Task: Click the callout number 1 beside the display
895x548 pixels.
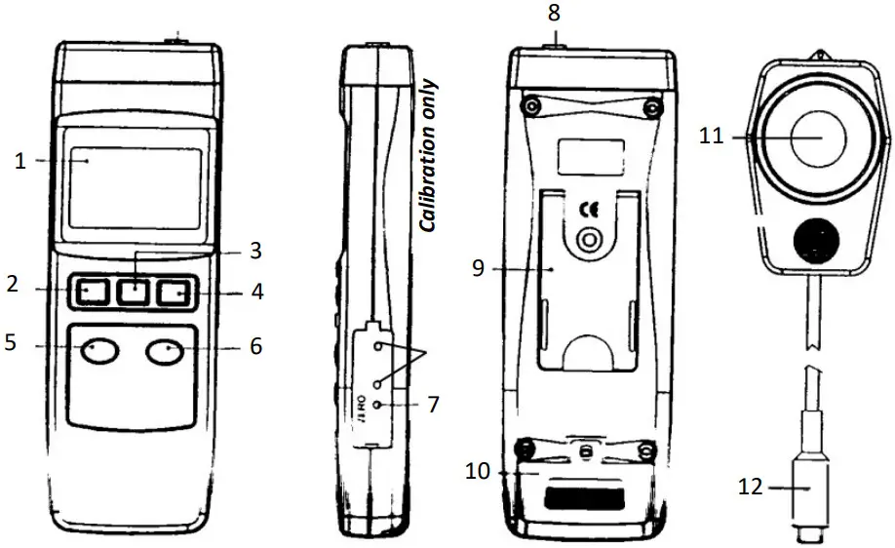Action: pyautogui.click(x=19, y=162)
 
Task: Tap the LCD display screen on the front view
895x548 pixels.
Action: pyautogui.click(x=135, y=187)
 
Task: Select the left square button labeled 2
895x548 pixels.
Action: pyautogui.click(x=93, y=291)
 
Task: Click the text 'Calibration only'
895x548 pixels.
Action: pyautogui.click(x=429, y=156)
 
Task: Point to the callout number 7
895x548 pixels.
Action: pyautogui.click(x=435, y=403)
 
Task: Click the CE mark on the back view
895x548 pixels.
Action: pyautogui.click(x=589, y=209)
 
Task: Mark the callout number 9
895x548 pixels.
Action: pyautogui.click(x=479, y=267)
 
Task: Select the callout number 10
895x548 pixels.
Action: pyautogui.click(x=477, y=472)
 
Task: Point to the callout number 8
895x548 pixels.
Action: pyautogui.click(x=554, y=15)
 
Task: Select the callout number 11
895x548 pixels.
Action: pyautogui.click(x=712, y=137)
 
